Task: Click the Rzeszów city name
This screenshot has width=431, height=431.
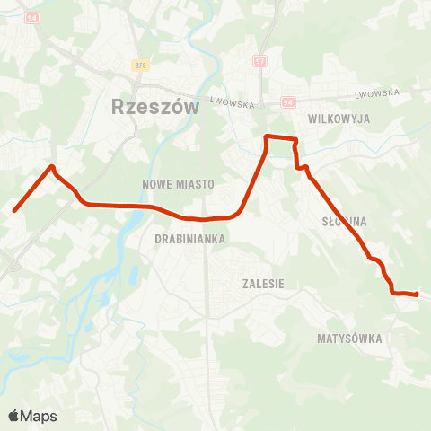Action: click(142, 107)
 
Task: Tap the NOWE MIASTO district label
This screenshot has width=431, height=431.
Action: click(178, 183)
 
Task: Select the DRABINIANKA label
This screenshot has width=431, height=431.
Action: click(189, 239)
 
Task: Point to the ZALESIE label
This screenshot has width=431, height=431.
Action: click(263, 283)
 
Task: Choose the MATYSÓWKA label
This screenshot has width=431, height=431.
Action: click(349, 339)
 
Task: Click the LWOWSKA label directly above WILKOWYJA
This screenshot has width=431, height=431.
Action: click(376, 94)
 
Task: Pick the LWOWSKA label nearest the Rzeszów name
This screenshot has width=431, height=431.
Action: click(233, 103)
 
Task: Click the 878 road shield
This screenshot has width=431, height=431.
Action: click(139, 66)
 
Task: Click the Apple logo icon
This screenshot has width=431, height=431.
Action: click(14, 416)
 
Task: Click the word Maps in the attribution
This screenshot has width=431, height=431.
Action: click(39, 417)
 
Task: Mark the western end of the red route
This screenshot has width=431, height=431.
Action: click(14, 211)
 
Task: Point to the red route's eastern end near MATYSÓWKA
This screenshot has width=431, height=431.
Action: click(417, 294)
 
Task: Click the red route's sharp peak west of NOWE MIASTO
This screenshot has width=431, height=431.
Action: click(53, 166)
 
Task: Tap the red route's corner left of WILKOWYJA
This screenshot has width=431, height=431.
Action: click(267, 136)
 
